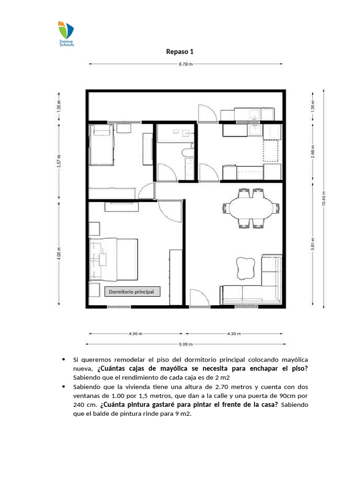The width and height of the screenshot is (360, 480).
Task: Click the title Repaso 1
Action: tap(180, 52)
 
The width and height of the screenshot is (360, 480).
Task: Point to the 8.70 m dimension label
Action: tap(185, 65)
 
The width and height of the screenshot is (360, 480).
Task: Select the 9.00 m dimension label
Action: tap(185, 344)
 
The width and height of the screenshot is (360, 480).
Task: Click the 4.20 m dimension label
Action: tap(135, 334)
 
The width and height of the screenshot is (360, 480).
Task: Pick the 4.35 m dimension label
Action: tap(234, 334)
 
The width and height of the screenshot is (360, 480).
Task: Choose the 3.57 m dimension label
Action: tap(59, 162)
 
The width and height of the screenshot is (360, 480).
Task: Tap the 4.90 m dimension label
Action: tap(59, 253)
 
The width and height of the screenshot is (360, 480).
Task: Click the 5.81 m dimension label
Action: tap(313, 245)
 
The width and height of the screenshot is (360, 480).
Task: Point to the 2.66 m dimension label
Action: tap(313, 151)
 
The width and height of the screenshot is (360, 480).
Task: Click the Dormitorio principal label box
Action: tap(132, 292)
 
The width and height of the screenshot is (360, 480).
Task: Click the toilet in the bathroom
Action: tap(187, 152)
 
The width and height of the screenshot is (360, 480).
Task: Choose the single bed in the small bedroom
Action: tap(102, 144)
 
